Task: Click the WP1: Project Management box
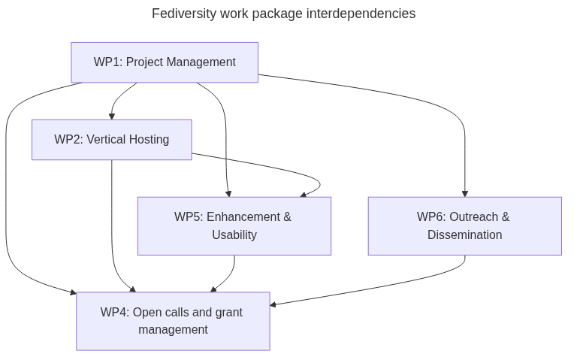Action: (165, 62)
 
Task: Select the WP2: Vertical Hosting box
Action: (111, 140)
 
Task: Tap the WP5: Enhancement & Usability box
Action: (234, 225)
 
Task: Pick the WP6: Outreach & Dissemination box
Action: (464, 225)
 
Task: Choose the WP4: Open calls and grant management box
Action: (173, 321)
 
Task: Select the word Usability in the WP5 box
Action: (234, 234)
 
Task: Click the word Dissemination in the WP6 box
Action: (464, 234)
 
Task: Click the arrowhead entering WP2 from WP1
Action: (112, 116)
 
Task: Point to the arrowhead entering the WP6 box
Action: (465, 193)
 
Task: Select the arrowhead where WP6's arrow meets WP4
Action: (273, 304)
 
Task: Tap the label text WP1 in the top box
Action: (107, 62)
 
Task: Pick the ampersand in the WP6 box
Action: (505, 217)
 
